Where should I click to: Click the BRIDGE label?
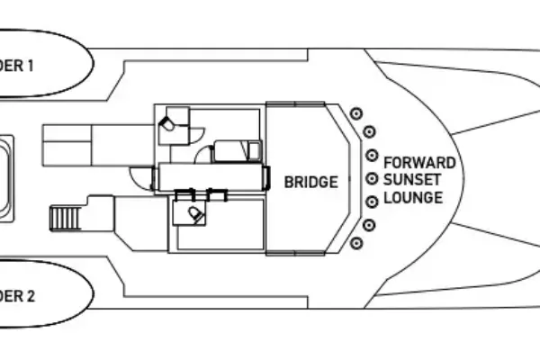[311, 182]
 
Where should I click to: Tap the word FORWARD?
[419, 163]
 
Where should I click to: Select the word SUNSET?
[413, 180]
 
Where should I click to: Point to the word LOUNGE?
[413, 197]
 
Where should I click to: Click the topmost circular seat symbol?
[356, 112]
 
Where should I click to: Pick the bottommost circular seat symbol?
[356, 242]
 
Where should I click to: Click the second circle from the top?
[368, 132]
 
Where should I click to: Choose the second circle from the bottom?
[368, 222]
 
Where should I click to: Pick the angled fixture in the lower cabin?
[195, 212]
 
